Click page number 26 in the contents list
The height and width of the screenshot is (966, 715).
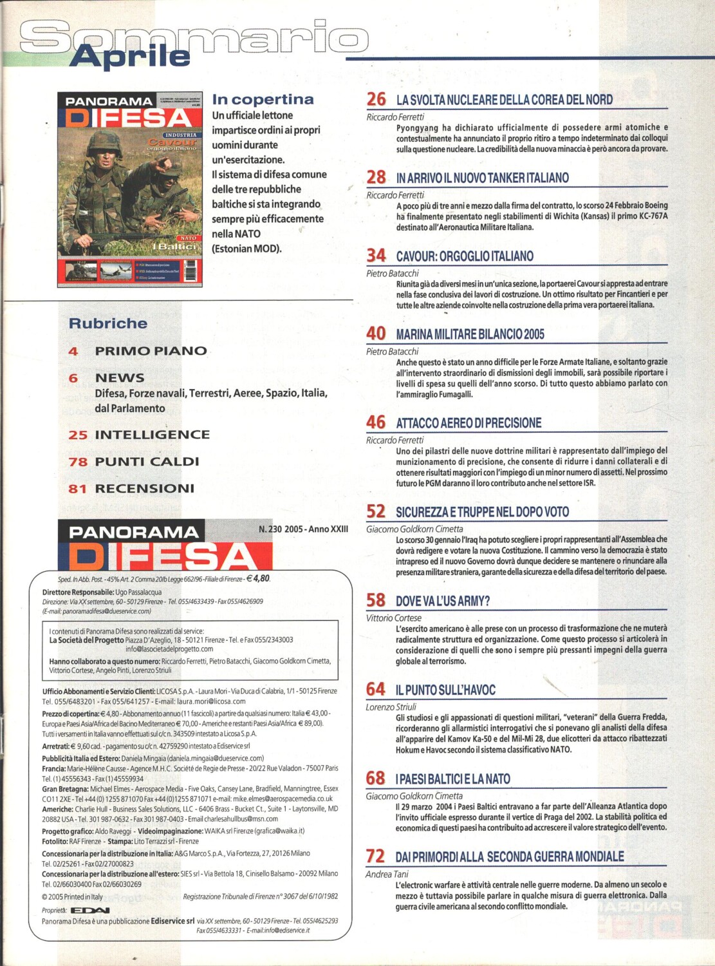pyautogui.click(x=376, y=99)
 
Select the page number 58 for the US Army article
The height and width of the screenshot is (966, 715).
pyautogui.click(x=376, y=600)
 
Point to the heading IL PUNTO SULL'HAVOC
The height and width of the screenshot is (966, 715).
pyautogui.click(x=445, y=690)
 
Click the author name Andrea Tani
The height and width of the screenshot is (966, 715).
pyautogui.click(x=387, y=874)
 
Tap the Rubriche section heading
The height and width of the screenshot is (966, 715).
pyautogui.click(x=108, y=323)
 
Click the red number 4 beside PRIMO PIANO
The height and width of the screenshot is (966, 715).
pyautogui.click(x=73, y=351)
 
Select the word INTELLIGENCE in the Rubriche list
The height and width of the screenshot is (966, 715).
pyautogui.click(x=152, y=435)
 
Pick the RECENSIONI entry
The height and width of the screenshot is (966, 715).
pyautogui.click(x=144, y=488)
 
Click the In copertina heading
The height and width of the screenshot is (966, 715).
pyautogui.click(x=263, y=99)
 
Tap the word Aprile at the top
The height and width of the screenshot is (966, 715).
pyautogui.click(x=130, y=57)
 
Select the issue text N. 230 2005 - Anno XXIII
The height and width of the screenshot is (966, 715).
pyautogui.click(x=303, y=529)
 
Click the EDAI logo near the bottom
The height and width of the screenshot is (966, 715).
pyautogui.click(x=89, y=910)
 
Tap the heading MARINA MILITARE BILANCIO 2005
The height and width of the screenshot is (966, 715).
pyautogui.click(x=470, y=334)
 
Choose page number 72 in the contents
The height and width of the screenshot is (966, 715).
pyautogui.click(x=375, y=856)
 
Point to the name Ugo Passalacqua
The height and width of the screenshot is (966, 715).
pyautogui.click(x=138, y=592)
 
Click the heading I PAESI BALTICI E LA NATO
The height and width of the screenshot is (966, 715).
pyautogui.click(x=452, y=779)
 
